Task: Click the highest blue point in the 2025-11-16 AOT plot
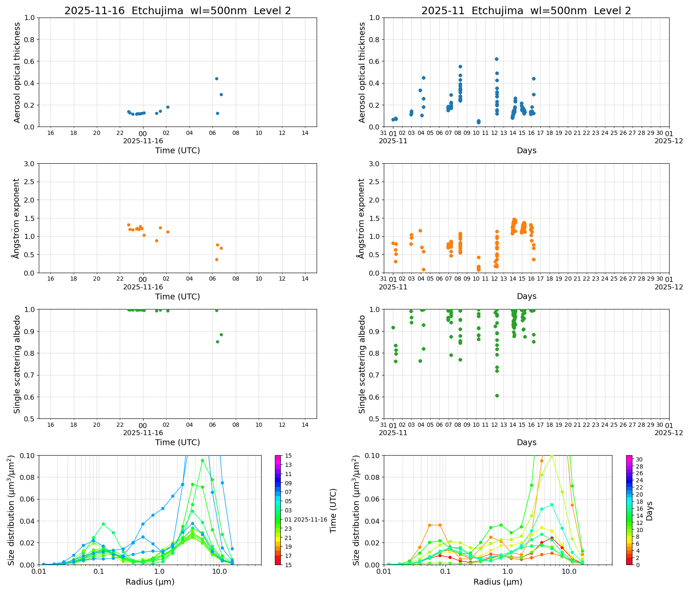coord(217,79)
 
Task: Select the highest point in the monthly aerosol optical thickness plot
coord(496,59)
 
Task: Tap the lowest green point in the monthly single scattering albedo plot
coord(497,395)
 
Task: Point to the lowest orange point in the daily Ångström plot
coord(217,259)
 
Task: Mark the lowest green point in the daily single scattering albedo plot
coord(217,342)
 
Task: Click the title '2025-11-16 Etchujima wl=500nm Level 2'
coord(177,11)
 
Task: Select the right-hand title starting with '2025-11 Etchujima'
coord(526,11)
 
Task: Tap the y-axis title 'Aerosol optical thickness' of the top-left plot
coord(17,72)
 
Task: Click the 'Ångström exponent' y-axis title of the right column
coord(362,218)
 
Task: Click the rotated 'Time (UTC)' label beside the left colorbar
coord(333,510)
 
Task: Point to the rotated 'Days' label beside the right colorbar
coord(650,510)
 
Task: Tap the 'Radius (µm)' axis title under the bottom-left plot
coord(150,582)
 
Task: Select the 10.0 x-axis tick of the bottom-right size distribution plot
coord(569,571)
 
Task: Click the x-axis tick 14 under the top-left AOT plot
coord(305,133)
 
